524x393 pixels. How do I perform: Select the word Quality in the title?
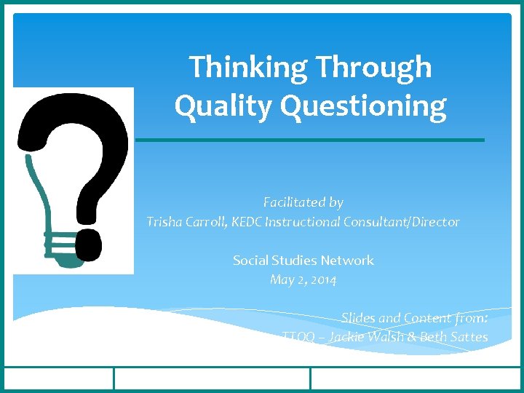pos(223,106)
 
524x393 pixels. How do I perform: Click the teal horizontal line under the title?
pos(310,140)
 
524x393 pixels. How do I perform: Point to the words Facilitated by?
pos(303,202)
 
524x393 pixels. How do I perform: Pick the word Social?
pos(250,260)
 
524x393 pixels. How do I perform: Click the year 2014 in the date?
pos(322,279)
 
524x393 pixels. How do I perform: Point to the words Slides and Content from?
pos(414,317)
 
